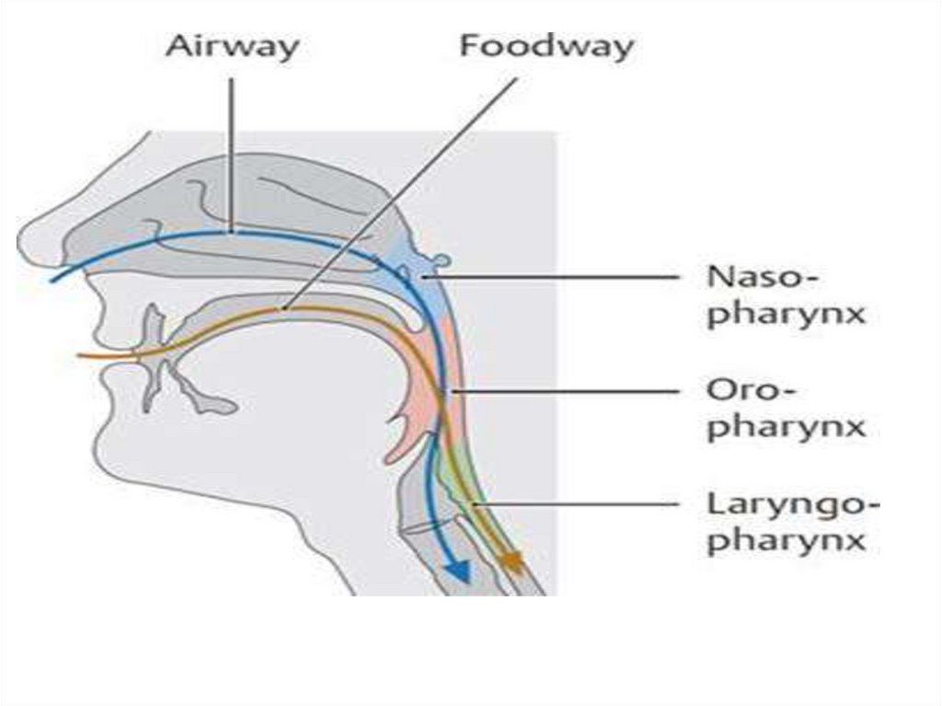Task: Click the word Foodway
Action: pos(547,46)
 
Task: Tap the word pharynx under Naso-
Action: pos(787,313)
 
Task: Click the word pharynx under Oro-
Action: pos(787,427)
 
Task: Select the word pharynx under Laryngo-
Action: pos(787,539)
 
